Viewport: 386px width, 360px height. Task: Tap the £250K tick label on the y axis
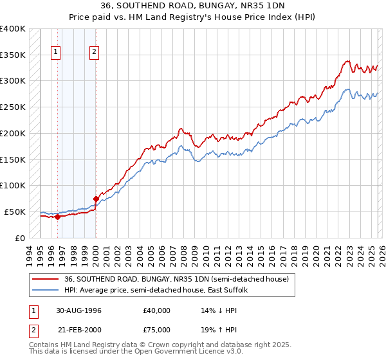point(13,107)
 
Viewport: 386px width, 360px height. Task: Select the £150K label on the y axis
point(13,159)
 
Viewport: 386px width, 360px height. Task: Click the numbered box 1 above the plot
point(56,53)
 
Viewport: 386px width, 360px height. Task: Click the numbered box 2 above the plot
point(94,53)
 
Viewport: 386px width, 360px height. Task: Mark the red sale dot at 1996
point(57,217)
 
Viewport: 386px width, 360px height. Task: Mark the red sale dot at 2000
point(96,199)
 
